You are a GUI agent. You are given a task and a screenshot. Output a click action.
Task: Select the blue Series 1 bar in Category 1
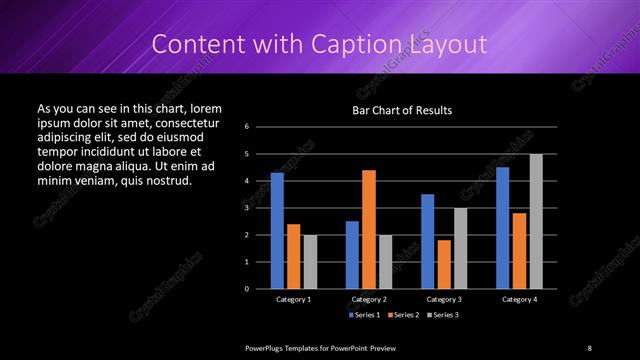point(277,230)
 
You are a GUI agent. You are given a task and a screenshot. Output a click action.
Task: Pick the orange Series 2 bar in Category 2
point(369,229)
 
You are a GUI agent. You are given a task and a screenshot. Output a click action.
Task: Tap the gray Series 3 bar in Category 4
point(536,221)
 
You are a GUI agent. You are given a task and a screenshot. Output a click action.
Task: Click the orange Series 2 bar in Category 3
point(444,264)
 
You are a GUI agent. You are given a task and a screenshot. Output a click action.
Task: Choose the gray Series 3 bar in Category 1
point(310,261)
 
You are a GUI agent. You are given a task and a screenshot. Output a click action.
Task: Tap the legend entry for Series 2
point(402,315)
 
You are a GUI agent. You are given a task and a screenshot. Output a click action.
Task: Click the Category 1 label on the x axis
point(293,299)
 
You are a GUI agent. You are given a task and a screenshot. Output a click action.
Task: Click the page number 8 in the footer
point(589,348)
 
